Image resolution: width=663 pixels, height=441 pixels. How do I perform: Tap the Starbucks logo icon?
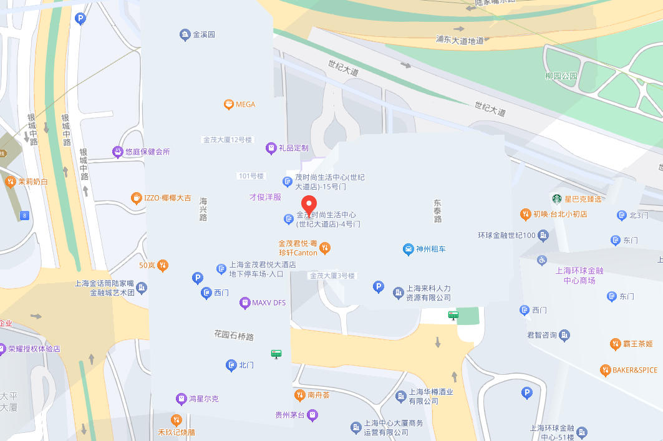point(556,199)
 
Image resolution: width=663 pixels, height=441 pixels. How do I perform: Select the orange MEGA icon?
point(229,104)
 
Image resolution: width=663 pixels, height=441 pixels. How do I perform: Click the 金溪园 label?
point(204,34)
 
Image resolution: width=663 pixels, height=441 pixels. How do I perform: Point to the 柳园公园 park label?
point(561,76)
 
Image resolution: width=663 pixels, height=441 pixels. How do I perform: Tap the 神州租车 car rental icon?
point(407,250)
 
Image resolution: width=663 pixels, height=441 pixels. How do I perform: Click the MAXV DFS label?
point(269,303)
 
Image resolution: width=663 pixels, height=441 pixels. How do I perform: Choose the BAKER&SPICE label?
point(634,370)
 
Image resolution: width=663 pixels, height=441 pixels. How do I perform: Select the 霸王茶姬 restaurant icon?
point(616,344)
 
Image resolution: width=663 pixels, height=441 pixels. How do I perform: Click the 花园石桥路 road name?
point(234,337)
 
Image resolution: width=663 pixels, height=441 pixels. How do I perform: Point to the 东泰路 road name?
point(438,211)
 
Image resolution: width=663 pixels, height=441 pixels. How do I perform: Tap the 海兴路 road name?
point(203,209)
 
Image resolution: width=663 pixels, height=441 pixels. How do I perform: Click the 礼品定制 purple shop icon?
point(271,148)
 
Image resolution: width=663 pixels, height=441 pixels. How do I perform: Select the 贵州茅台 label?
point(290,415)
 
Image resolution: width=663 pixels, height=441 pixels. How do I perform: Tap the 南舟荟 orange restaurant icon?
point(299,395)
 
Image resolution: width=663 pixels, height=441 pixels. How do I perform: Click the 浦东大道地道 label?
point(460,41)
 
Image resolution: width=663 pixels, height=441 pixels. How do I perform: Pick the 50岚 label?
point(147,265)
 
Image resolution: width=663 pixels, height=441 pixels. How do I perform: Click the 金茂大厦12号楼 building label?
point(227,140)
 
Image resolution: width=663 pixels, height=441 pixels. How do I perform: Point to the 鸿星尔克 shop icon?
point(181,398)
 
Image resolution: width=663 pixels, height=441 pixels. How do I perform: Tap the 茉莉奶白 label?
point(33,182)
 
